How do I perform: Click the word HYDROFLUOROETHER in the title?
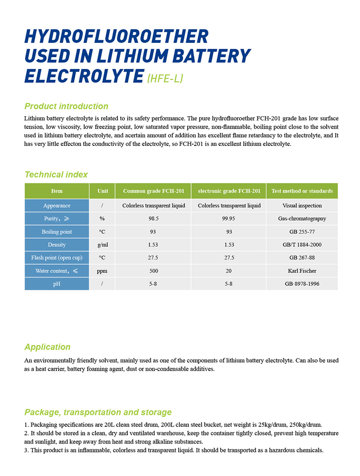(117, 36)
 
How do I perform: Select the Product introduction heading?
(66, 106)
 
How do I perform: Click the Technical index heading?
(56, 175)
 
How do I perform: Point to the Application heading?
(47, 347)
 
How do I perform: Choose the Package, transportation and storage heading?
(98, 413)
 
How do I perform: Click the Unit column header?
(103, 191)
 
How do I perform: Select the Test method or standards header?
(302, 191)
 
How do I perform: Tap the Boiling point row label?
(57, 232)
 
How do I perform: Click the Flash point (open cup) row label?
(57, 258)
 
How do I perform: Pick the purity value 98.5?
(153, 219)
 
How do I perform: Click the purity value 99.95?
(229, 219)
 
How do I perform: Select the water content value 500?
(153, 271)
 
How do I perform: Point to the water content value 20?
(229, 271)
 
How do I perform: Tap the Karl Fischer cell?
(302, 271)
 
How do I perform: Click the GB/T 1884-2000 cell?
(302, 245)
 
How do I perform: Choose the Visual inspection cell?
(302, 206)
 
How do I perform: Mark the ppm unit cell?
(103, 271)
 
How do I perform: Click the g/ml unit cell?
(103, 245)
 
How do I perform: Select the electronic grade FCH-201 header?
(229, 191)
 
